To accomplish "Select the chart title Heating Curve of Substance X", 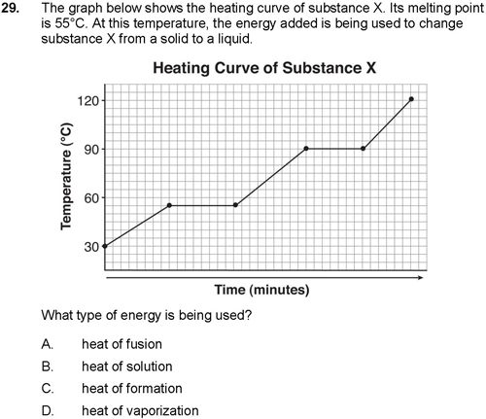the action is pyautogui.click(x=264, y=68).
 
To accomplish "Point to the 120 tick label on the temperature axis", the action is pyautogui.click(x=87, y=101).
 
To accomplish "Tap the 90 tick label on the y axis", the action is pyautogui.click(x=91, y=149).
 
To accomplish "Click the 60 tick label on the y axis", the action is pyautogui.click(x=91, y=198).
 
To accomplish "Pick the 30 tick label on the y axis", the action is pyautogui.click(x=91, y=247).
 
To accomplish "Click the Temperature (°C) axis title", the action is pyautogui.click(x=66, y=177).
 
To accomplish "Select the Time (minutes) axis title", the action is pyautogui.click(x=261, y=290).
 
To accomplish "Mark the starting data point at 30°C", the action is pyautogui.click(x=105, y=246).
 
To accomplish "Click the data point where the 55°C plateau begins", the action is pyautogui.click(x=169, y=205).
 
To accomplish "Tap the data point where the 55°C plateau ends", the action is pyautogui.click(x=235, y=205).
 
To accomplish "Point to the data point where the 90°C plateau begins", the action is pyautogui.click(x=306, y=149).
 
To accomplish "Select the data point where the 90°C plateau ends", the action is pyautogui.click(x=363, y=149).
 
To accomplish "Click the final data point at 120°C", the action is pyautogui.click(x=411, y=99).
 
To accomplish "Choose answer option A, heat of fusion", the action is pyautogui.click(x=102, y=344).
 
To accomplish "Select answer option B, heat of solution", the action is pyautogui.click(x=107, y=367).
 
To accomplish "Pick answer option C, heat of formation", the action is pyautogui.click(x=112, y=388).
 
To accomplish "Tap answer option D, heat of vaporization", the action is pyautogui.click(x=120, y=410).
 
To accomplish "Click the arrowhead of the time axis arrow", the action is pyautogui.click(x=421, y=277).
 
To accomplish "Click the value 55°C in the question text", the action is pyautogui.click(x=67, y=23).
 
